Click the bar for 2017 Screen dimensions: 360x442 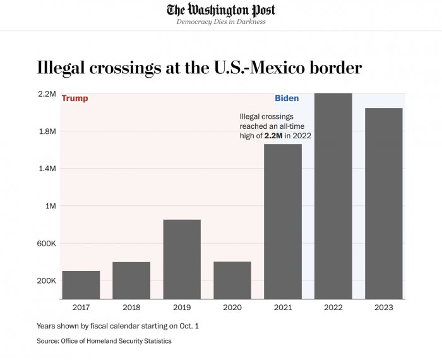[81, 284]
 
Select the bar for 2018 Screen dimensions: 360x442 [131, 280]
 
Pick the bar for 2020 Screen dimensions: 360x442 [232, 280]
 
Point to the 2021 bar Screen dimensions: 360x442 [283, 221]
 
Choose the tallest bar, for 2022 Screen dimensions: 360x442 [333, 196]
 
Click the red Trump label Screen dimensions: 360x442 [75, 99]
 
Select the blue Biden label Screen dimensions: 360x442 [287, 99]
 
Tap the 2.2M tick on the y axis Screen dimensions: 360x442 [47, 94]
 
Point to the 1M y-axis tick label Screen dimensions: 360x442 [50, 206]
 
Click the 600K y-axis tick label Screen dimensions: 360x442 [47, 243]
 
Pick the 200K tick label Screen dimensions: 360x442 [47, 280]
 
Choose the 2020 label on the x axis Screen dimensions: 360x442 [232, 308]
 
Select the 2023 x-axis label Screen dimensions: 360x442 [384, 308]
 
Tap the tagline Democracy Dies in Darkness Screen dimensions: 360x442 [221, 22]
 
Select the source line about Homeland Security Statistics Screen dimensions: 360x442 [104, 341]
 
